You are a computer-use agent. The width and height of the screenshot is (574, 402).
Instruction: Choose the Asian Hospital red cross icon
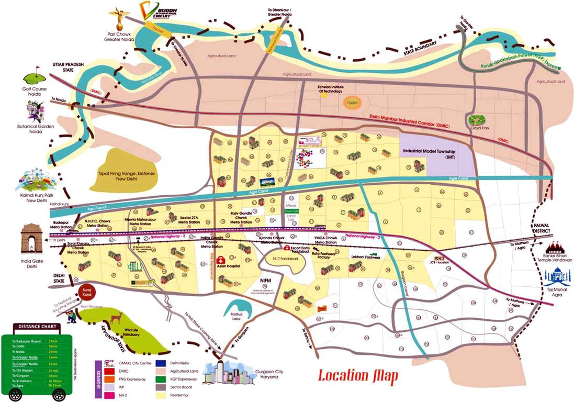pyautogui.click(x=222, y=260)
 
